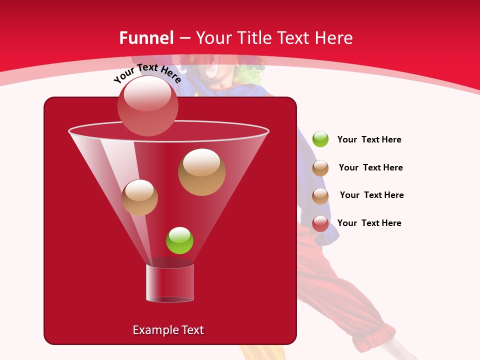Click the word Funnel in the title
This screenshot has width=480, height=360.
pyautogui.click(x=146, y=38)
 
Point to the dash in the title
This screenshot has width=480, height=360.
pyautogui.click(x=184, y=38)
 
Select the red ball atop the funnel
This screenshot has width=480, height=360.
pyautogui.click(x=147, y=105)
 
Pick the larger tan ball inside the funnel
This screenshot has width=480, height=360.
pyautogui.click(x=201, y=172)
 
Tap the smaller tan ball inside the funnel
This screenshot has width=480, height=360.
pyautogui.click(x=139, y=197)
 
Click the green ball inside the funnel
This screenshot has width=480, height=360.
pyautogui.click(x=179, y=240)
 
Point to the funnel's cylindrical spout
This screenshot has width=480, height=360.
pyautogui.click(x=170, y=283)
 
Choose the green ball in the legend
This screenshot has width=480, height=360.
pyautogui.click(x=320, y=139)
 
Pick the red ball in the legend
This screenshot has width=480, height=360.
pyautogui.click(x=320, y=223)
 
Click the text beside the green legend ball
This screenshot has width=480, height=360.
pyautogui.click(x=369, y=139)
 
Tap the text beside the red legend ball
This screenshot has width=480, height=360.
pyautogui.click(x=369, y=223)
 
